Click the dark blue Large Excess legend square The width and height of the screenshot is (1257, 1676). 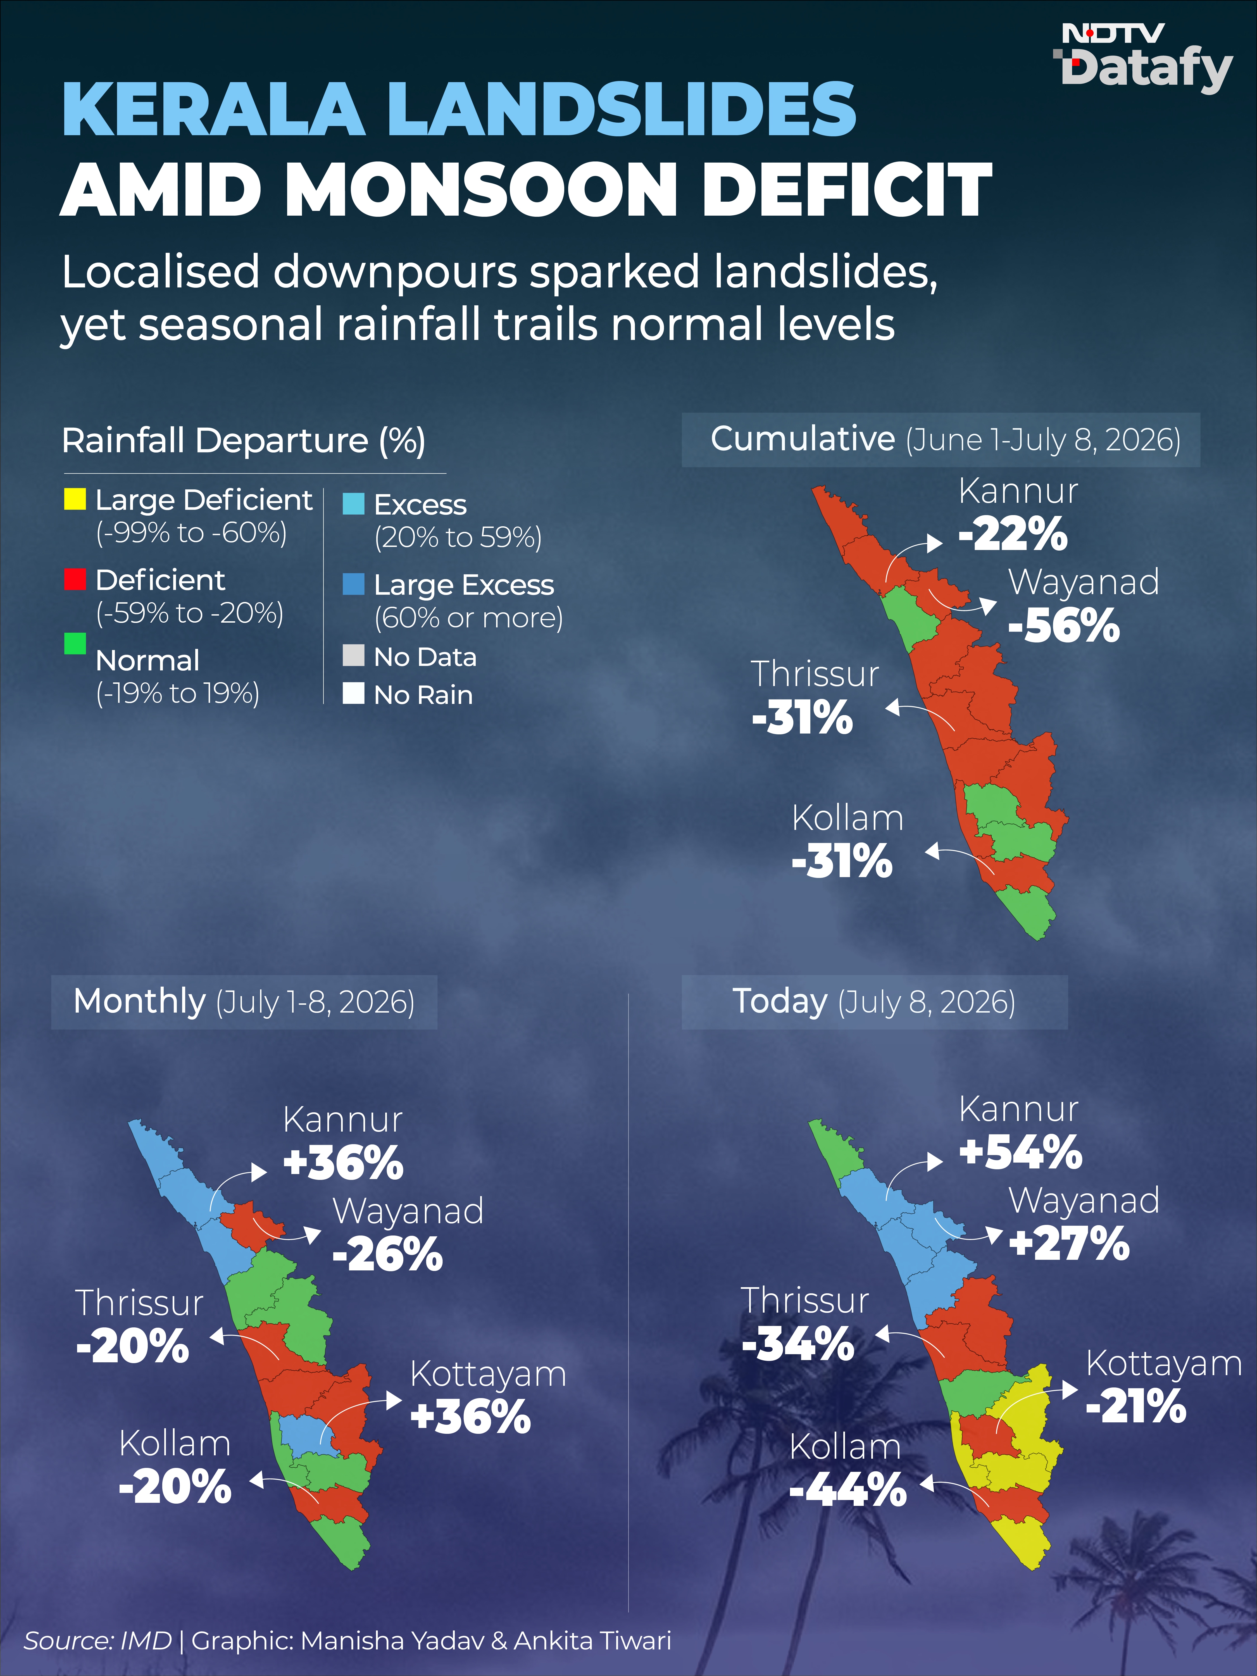pyautogui.click(x=353, y=584)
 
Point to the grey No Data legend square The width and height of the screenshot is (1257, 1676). pyautogui.click(x=353, y=655)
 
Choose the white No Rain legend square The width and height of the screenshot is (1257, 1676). pyautogui.click(x=353, y=693)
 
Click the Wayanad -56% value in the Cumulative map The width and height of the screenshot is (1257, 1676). pyautogui.click(x=1064, y=627)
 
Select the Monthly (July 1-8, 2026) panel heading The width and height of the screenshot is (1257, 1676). pyautogui.click(x=244, y=1002)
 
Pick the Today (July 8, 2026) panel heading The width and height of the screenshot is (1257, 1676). pyautogui.click(x=873, y=1002)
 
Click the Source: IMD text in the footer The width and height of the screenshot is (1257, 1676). pyautogui.click(x=98, y=1641)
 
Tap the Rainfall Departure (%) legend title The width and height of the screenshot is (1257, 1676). pyautogui.click(x=243, y=440)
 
